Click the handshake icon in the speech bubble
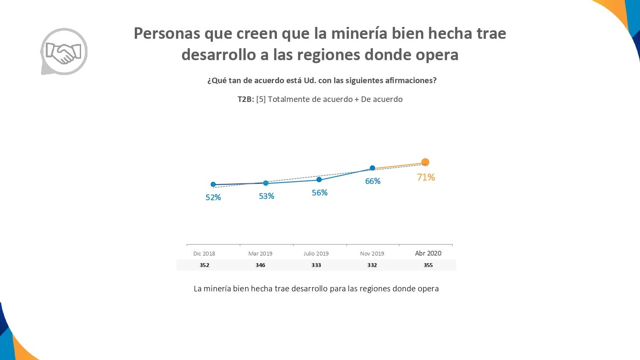tap(64, 52)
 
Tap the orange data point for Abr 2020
tap(425, 162)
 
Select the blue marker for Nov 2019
tap(372, 168)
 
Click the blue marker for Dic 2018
tap(213, 185)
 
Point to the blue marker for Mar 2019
tap(266, 183)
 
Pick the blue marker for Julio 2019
tap(319, 180)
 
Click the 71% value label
tap(426, 177)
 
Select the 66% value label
tap(372, 181)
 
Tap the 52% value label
tap(213, 197)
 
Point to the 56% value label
tap(320, 193)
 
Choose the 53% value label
tap(266, 196)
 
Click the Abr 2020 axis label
tap(428, 253)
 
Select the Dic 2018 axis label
tap(204, 253)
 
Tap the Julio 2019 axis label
tap(316, 253)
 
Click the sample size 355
tap(428, 265)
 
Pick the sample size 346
tap(260, 265)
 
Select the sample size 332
tap(372, 265)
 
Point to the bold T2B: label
tap(246, 99)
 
